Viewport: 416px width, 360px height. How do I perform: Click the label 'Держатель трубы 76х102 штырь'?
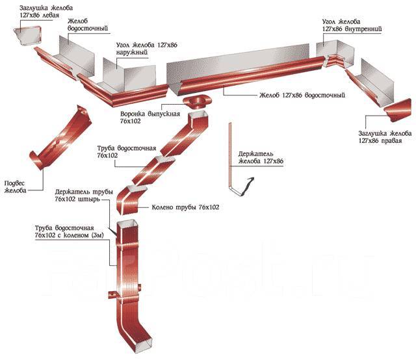click(x=85, y=195)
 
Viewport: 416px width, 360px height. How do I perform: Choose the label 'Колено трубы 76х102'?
click(x=186, y=207)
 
